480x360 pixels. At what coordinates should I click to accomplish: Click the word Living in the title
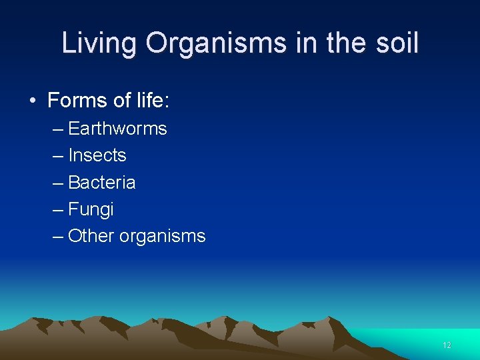(99, 44)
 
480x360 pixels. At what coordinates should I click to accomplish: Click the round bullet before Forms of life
(33, 101)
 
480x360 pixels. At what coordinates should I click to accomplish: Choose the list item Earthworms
(117, 129)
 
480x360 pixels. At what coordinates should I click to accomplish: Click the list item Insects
(97, 155)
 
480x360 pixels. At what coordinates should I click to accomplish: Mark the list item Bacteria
(102, 183)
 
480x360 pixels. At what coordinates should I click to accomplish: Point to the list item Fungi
(91, 210)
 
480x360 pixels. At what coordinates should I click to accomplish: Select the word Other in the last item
(91, 236)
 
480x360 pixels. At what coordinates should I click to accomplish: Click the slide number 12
(447, 345)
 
